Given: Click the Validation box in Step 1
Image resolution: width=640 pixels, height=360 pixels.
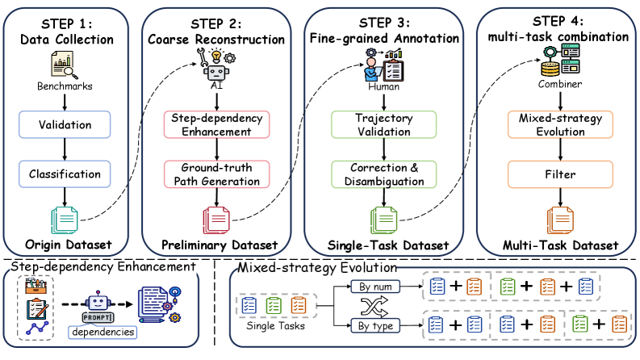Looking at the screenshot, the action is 65,124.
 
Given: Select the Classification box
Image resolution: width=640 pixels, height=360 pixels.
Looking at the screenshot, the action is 65,174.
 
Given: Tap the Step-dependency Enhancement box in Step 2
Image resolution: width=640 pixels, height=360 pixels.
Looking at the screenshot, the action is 217,124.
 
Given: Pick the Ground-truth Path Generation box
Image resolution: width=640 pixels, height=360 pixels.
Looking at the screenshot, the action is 217,174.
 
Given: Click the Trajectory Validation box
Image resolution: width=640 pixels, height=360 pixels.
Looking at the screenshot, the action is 383,124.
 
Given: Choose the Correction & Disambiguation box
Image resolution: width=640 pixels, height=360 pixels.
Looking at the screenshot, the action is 383,174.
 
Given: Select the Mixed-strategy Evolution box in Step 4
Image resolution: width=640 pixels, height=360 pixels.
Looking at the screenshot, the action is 560,124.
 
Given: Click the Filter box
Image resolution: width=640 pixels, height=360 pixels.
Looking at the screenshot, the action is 560,174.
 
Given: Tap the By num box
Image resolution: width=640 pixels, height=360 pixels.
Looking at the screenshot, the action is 375,287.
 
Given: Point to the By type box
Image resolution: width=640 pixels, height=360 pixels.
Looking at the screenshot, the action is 375,326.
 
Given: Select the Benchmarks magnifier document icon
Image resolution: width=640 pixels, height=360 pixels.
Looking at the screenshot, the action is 64,65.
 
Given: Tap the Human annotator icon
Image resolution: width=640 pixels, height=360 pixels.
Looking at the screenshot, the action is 383,65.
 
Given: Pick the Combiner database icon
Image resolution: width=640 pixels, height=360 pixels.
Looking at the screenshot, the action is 560,61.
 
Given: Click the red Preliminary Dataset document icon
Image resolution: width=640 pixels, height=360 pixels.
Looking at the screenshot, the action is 216,220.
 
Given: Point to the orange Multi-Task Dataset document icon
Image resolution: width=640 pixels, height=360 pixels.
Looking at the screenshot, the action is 560,220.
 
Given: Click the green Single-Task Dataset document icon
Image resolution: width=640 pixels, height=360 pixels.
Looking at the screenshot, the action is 383,220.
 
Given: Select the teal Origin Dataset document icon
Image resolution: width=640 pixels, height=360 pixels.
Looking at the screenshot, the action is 65,220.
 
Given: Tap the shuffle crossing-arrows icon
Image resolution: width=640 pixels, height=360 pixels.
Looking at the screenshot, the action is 374,307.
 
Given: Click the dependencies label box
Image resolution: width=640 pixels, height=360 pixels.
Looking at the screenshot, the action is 102,332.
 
